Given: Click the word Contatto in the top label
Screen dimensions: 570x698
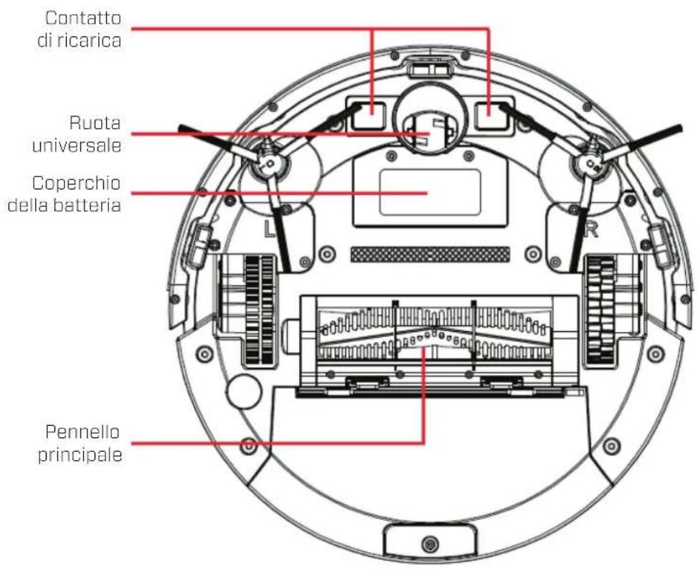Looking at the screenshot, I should (x=83, y=16).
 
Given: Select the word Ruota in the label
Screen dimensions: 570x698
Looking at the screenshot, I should (x=95, y=122).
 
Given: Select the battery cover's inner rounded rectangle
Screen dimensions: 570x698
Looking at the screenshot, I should (x=429, y=193).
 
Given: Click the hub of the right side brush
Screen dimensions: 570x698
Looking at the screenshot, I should (x=590, y=165).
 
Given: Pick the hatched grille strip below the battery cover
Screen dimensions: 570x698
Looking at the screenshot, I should (x=429, y=254).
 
